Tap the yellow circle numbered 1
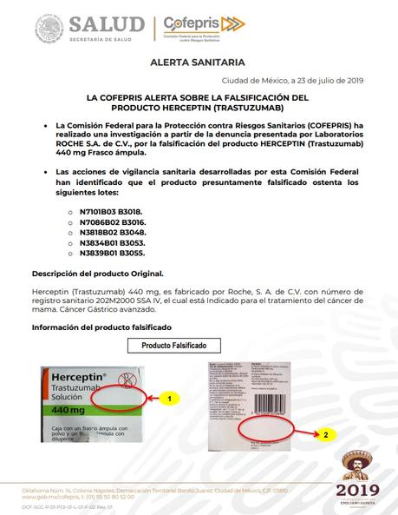[172, 398]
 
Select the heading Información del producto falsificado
[101, 327]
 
